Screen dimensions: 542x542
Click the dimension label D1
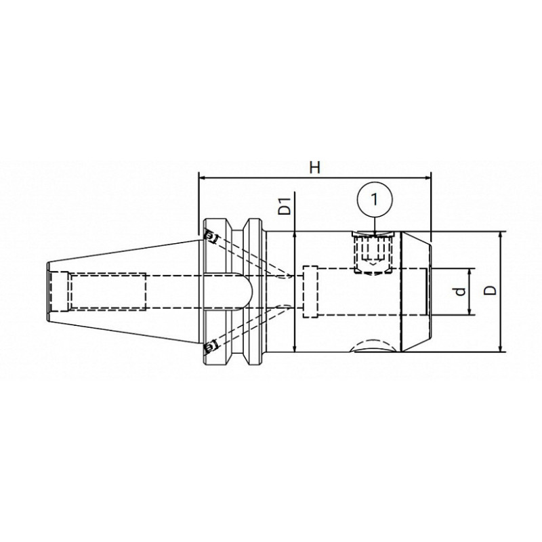click(287, 205)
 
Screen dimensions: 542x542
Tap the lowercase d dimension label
click(461, 291)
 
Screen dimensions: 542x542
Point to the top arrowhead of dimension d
click(469, 270)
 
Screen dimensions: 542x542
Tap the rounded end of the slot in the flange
click(249, 291)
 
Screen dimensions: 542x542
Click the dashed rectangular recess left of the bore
click(311, 291)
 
